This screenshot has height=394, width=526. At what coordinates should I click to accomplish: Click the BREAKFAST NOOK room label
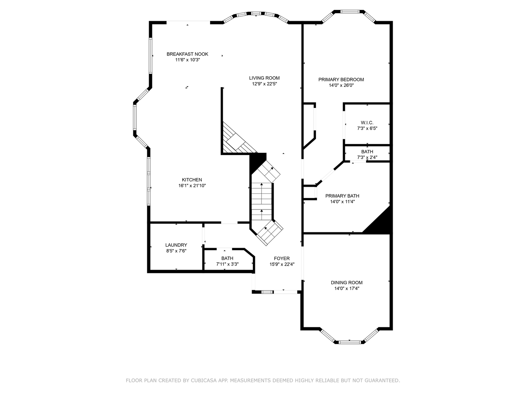pyautogui.click(x=187, y=54)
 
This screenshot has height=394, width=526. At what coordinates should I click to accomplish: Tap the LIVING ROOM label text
pyautogui.click(x=264, y=78)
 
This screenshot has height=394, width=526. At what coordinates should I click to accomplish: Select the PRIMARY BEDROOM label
pyautogui.click(x=341, y=80)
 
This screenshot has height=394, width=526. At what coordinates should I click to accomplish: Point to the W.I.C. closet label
pyautogui.click(x=367, y=123)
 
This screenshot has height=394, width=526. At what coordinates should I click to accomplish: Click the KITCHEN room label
pyautogui.click(x=192, y=179)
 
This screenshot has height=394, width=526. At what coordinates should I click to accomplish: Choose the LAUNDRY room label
pyautogui.click(x=176, y=245)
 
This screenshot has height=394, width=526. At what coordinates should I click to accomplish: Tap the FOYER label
pyautogui.click(x=282, y=258)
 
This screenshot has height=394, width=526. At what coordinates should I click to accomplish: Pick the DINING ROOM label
pyautogui.click(x=347, y=282)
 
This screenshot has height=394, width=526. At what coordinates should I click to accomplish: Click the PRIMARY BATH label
pyautogui.click(x=342, y=196)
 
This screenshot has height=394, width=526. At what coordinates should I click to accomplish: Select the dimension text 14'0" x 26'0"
pyautogui.click(x=341, y=85)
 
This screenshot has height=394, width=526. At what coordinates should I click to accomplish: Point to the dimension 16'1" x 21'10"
pyautogui.click(x=192, y=186)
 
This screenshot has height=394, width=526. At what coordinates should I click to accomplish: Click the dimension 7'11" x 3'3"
pyautogui.click(x=228, y=264)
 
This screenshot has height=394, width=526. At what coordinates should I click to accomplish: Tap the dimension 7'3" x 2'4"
pyautogui.click(x=367, y=157)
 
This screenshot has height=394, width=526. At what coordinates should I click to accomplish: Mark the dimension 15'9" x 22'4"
pyautogui.click(x=282, y=264)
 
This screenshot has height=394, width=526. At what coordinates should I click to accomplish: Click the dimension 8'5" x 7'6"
pyautogui.click(x=176, y=251)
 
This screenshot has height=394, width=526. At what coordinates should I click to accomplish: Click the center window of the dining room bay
pyautogui.click(x=350, y=342)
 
